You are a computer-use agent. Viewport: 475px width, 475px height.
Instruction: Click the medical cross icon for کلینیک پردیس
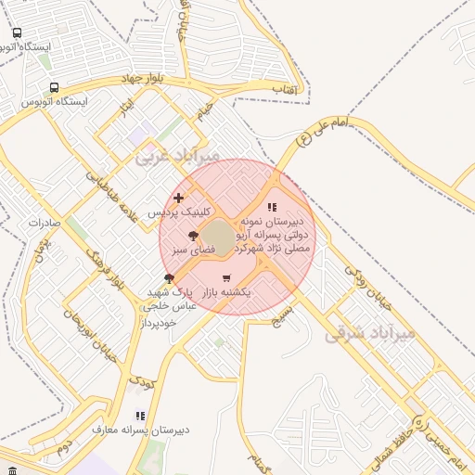tap(179, 198)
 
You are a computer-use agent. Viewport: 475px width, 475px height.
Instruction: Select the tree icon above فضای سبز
tap(193, 236)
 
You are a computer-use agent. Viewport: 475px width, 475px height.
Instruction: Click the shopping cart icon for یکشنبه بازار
tap(226, 277)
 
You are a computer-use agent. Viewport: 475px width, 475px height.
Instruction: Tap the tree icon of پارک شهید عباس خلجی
tap(169, 277)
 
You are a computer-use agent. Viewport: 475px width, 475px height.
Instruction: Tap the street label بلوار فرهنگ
tap(102, 265)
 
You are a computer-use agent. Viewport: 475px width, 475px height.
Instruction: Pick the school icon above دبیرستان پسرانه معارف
tap(140, 417)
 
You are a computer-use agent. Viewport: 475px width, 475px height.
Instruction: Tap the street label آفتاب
tap(284, 89)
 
